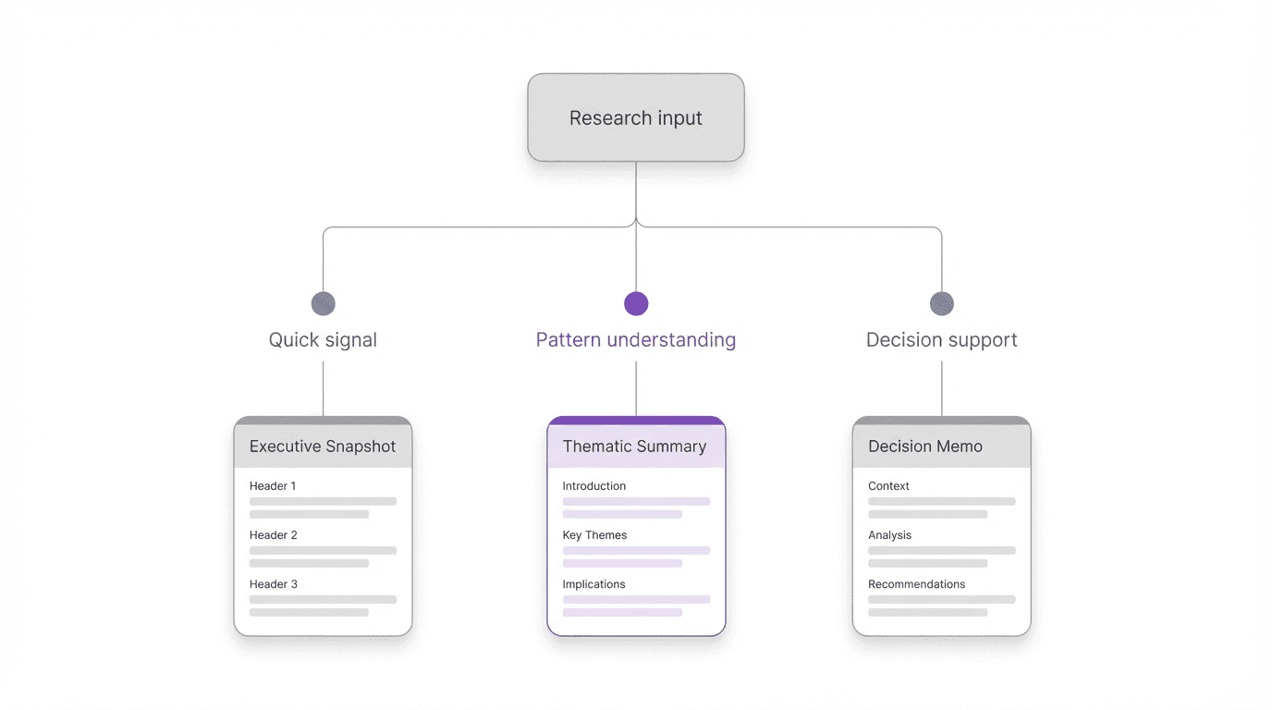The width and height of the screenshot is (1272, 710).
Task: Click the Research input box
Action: [x=636, y=117]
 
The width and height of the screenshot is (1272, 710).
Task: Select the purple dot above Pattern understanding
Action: [x=636, y=303]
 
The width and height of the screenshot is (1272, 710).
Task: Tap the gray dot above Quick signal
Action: [x=323, y=303]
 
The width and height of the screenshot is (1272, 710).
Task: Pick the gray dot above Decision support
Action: [x=941, y=303]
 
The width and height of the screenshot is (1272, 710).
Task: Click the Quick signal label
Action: [x=323, y=339]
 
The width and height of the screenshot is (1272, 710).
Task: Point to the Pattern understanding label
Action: [x=636, y=339]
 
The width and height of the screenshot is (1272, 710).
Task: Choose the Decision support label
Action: [x=941, y=339]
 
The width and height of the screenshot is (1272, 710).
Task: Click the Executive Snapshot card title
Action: [x=323, y=446]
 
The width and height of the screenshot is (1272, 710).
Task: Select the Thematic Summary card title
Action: [x=634, y=446]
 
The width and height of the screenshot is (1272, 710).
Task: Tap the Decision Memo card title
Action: [x=925, y=446]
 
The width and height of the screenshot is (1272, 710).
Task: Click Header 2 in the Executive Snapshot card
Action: [x=274, y=534]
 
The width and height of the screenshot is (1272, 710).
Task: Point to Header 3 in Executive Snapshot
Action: [x=274, y=583]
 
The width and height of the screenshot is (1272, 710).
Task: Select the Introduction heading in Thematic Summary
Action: [x=594, y=485]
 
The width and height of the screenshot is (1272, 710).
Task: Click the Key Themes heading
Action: [x=594, y=534]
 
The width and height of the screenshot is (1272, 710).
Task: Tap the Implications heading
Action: [x=593, y=583]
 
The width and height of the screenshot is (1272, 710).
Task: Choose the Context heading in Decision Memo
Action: [x=888, y=485]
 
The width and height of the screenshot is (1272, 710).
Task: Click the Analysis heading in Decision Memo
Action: [x=889, y=534]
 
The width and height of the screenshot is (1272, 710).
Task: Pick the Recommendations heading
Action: [x=916, y=583]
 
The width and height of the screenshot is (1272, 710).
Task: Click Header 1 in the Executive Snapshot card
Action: [x=273, y=485]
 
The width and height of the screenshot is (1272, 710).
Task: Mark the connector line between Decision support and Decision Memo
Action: [x=941, y=388]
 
